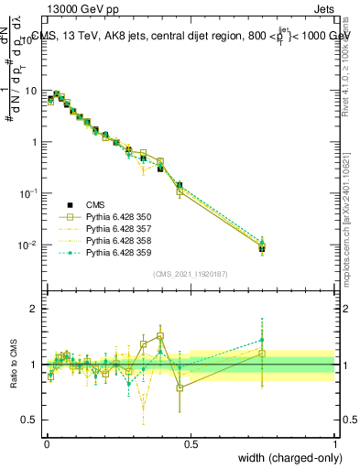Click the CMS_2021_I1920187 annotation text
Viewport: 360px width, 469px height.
tap(190, 274)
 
